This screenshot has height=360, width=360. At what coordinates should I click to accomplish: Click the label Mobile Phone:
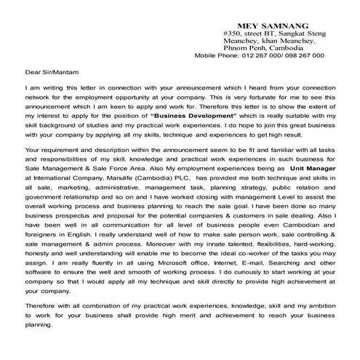tap(217, 55)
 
